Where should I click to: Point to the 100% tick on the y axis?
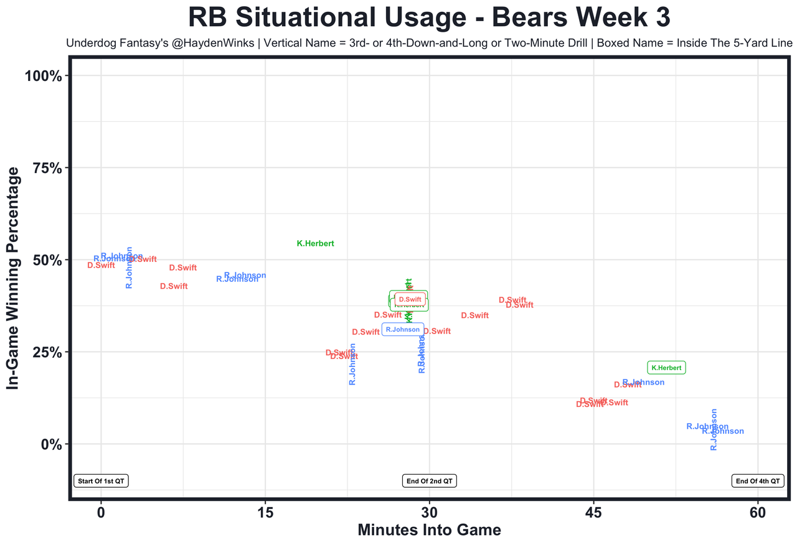pyautogui.click(x=43, y=76)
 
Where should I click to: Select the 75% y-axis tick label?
pyautogui.click(x=47, y=168)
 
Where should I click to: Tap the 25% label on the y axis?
pyautogui.click(x=47, y=352)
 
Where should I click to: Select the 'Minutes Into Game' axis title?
pyautogui.click(x=429, y=531)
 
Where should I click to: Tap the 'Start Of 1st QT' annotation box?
pyautogui.click(x=101, y=481)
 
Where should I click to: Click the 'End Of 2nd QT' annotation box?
pyautogui.click(x=429, y=481)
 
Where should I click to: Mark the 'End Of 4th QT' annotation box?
pyautogui.click(x=758, y=481)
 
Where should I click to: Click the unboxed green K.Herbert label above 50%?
pyautogui.click(x=316, y=244)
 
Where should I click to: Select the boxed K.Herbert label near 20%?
pyautogui.click(x=666, y=368)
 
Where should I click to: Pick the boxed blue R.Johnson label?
pyautogui.click(x=403, y=329)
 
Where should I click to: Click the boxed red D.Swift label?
pyautogui.click(x=410, y=299)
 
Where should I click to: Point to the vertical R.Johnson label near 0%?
pyautogui.click(x=714, y=429)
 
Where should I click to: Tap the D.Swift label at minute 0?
pyautogui.click(x=101, y=265)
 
